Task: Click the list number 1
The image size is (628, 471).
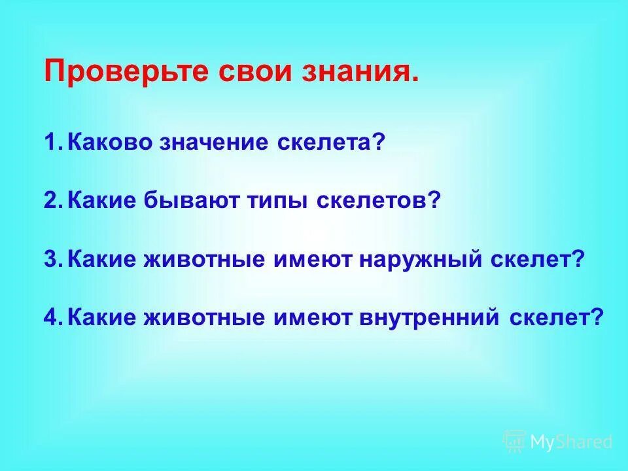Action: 52,143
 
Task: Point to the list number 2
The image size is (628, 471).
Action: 52,201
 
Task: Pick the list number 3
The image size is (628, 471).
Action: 52,260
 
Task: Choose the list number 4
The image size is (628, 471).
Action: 52,318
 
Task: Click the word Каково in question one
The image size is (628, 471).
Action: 112,143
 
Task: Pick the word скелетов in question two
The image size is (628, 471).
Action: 373,201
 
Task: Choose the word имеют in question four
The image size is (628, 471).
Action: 313,318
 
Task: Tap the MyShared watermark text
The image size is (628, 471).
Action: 570,442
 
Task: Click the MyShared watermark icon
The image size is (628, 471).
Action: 514,442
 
